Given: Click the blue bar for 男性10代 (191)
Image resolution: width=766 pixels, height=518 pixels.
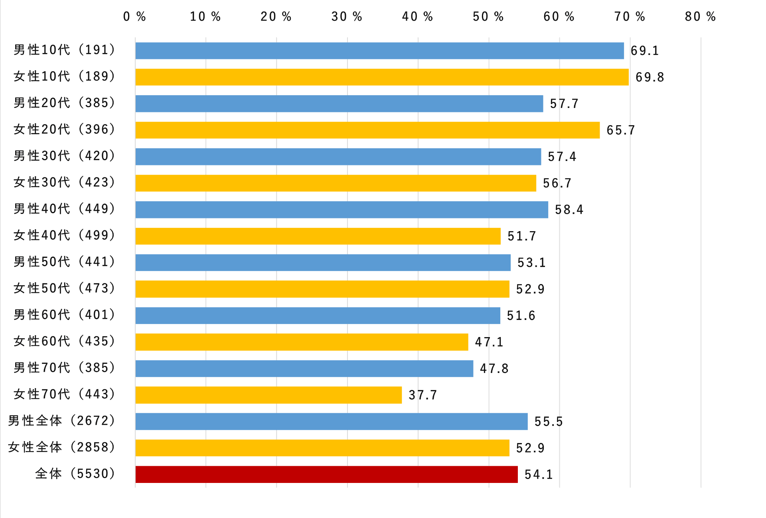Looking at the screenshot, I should (379, 51).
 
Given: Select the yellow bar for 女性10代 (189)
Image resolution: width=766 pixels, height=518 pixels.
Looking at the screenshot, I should (382, 77).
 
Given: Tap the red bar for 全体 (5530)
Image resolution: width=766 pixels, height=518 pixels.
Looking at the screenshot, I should (326, 474).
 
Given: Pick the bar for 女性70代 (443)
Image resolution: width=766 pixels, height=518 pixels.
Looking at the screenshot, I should (268, 395).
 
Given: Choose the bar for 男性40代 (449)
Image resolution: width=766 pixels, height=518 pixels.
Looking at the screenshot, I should (342, 210).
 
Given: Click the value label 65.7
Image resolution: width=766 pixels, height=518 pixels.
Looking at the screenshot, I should (620, 130).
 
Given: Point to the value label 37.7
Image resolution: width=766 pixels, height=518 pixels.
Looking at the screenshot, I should (422, 395).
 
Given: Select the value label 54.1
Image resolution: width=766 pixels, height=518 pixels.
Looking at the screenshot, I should (539, 474).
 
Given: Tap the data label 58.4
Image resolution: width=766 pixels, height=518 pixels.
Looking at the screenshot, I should (569, 210).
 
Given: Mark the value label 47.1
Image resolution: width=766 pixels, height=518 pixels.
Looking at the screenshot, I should (489, 342).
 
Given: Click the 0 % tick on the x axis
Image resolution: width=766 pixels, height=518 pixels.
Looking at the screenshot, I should (134, 17).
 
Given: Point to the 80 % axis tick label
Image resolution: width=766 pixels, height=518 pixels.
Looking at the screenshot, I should (700, 17).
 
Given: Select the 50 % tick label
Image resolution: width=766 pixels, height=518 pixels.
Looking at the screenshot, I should (488, 17).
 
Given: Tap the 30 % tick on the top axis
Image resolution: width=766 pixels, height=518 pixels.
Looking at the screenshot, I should (346, 17).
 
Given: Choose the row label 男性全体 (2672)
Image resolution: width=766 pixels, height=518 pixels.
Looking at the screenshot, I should (62, 421).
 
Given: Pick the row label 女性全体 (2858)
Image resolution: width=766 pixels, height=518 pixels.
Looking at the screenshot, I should (62, 447).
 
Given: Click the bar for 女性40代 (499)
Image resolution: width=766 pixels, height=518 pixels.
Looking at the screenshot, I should (318, 236).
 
